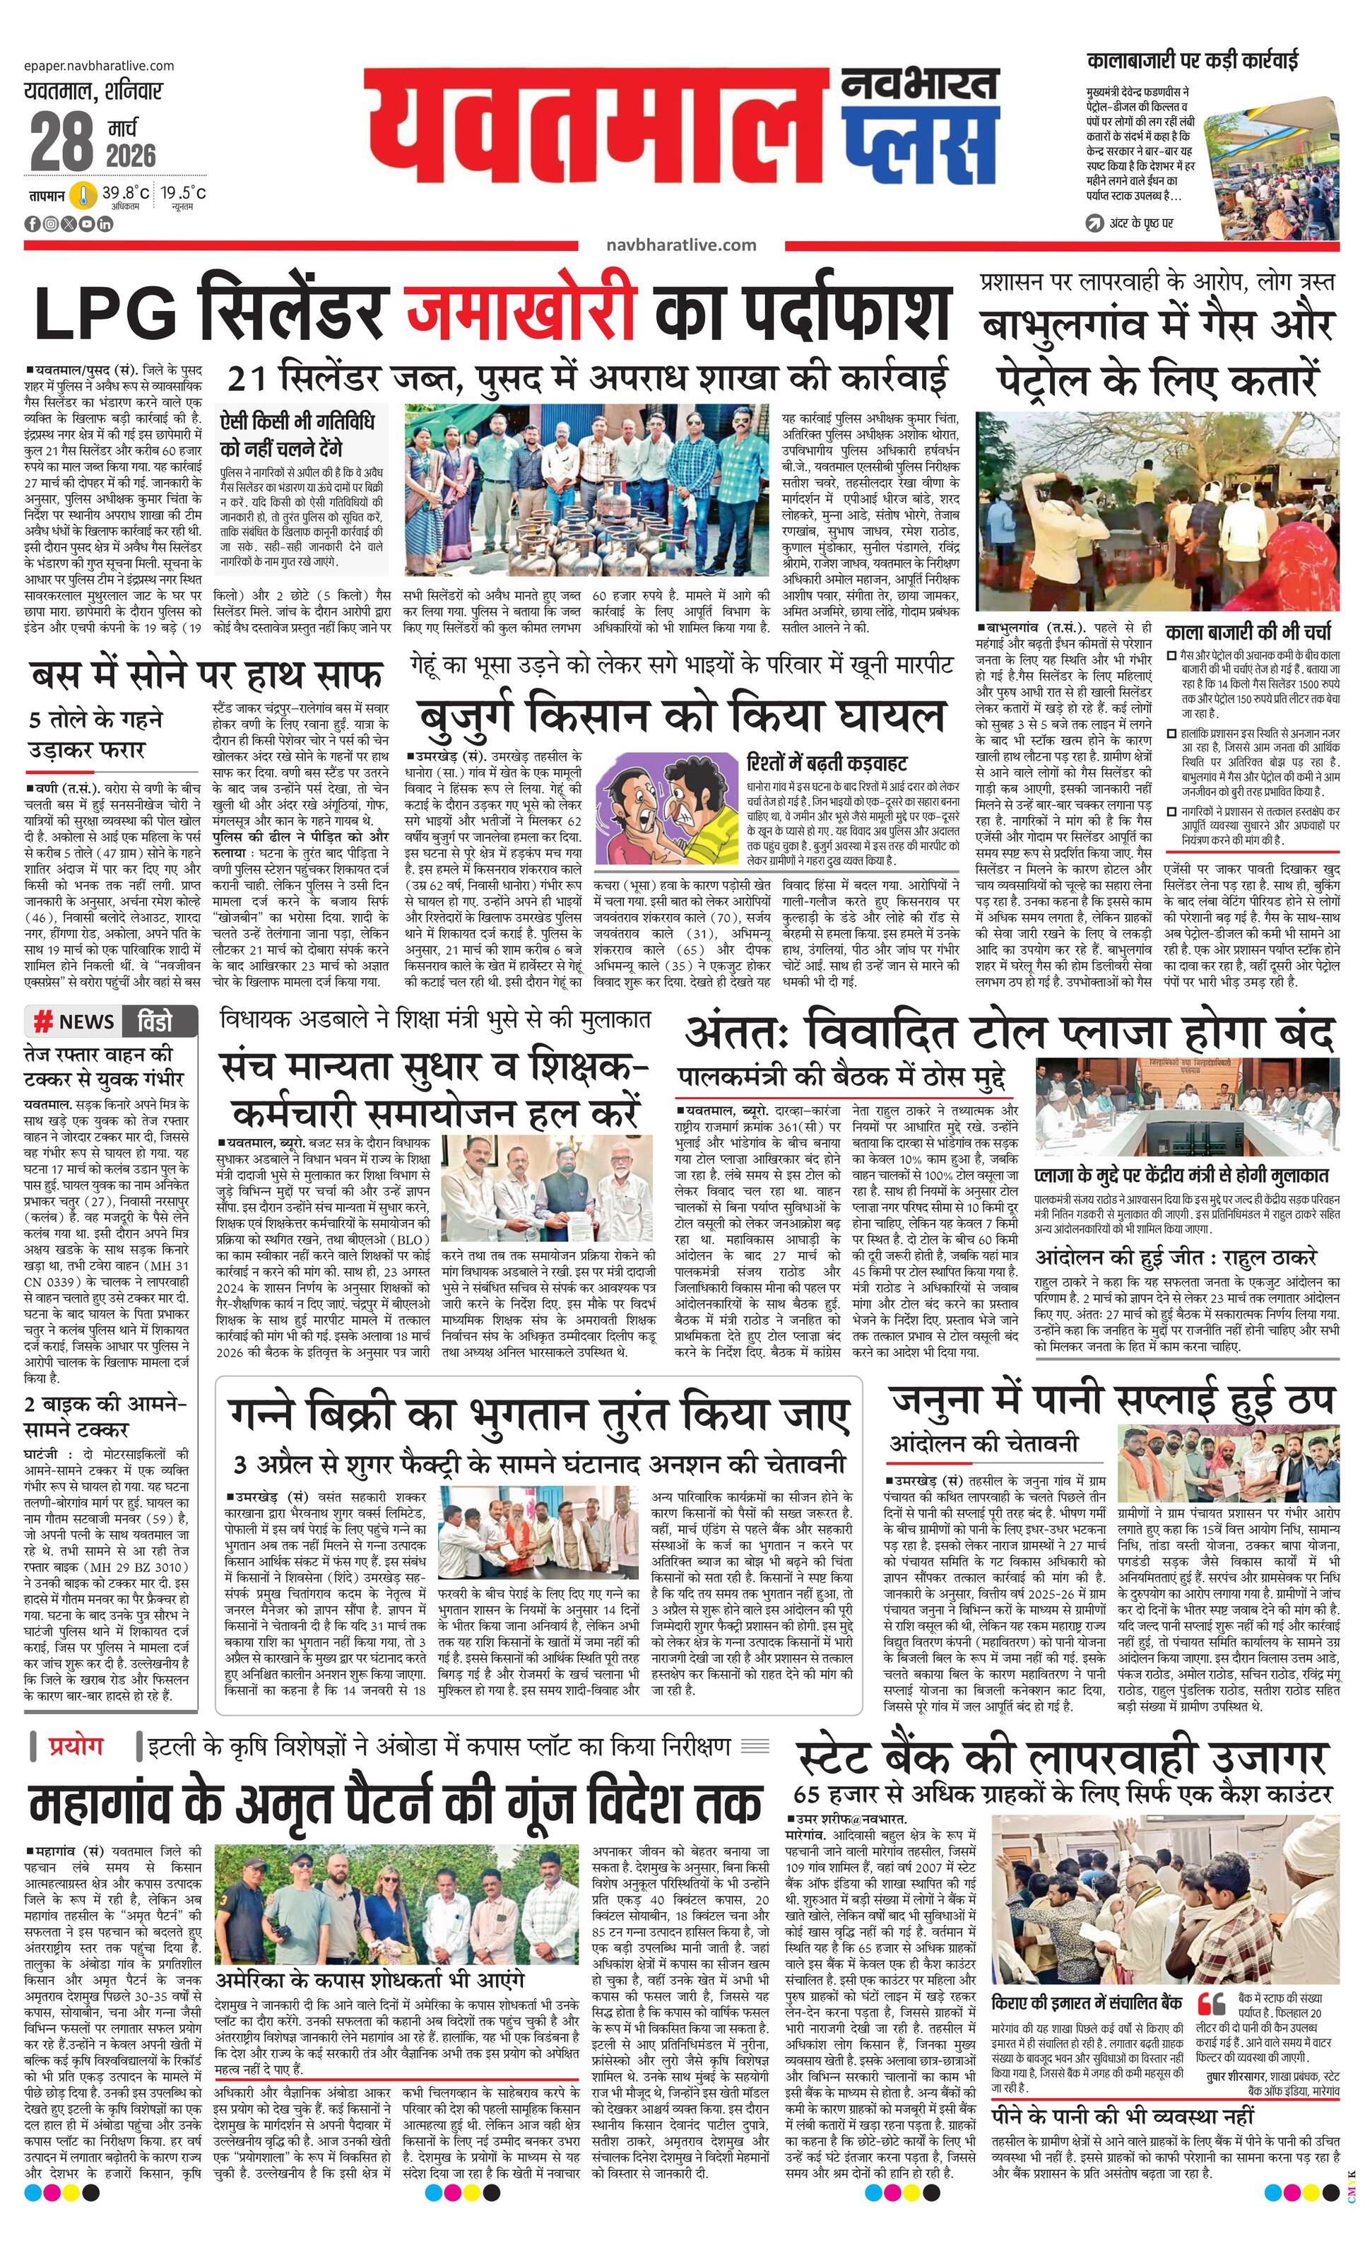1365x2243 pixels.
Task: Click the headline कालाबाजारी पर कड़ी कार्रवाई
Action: (x=1192, y=62)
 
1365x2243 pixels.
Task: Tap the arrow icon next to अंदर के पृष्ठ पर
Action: (x=1094, y=223)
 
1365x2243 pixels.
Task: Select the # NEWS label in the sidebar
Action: (x=75, y=1021)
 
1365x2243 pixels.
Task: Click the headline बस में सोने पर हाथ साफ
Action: (x=206, y=677)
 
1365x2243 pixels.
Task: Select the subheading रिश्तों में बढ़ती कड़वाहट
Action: (x=827, y=762)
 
